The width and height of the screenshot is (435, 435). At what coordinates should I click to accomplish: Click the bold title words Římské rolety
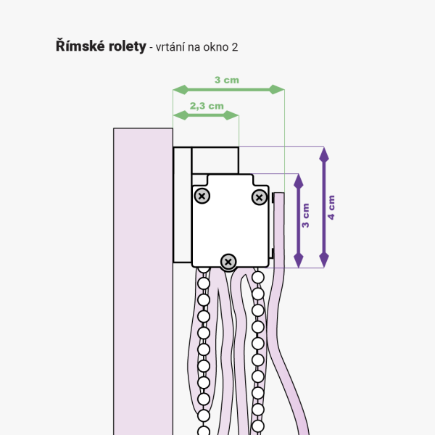(x=100, y=46)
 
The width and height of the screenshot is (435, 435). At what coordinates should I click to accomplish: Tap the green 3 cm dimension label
(x=227, y=80)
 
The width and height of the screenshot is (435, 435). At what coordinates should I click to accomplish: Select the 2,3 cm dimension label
(x=207, y=106)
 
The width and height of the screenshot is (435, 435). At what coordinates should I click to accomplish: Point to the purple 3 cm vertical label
(x=306, y=216)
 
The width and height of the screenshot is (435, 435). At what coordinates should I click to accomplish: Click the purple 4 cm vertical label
(x=332, y=207)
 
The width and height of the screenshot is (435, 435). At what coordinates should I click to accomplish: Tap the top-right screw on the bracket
(x=259, y=196)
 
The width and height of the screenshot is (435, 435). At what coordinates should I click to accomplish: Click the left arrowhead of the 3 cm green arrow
(x=179, y=89)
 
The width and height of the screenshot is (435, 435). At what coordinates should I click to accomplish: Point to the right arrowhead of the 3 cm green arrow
(x=278, y=89)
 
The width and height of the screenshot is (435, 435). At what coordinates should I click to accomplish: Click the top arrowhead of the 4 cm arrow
(x=324, y=153)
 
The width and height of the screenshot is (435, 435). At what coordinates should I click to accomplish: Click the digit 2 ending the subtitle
(x=235, y=47)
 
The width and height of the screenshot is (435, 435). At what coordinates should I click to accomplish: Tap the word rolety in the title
(x=125, y=46)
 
